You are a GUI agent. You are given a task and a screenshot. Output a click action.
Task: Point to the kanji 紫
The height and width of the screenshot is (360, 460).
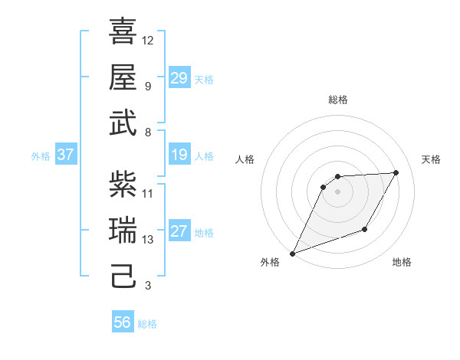tap(123, 184)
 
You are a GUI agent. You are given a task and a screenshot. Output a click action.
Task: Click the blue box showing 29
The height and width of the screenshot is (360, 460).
tap(179, 78)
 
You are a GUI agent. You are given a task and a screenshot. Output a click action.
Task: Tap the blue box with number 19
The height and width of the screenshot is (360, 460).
tap(179, 155)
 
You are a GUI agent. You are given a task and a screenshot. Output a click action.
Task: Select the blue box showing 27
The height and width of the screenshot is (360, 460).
tap(179, 232)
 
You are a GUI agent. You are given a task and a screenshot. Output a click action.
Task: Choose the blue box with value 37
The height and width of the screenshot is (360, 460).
tap(65, 155)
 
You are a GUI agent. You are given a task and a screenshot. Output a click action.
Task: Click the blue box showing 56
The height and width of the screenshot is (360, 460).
tap(123, 323)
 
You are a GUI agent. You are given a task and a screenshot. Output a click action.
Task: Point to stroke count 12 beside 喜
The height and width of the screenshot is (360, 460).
tap(148, 40)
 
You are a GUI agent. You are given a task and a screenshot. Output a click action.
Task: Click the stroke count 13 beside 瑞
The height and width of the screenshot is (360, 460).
tap(148, 240)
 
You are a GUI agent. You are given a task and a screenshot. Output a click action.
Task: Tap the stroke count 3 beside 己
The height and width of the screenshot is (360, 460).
tap(147, 286)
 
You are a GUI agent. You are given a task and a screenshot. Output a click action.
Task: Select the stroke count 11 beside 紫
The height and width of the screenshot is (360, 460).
tap(148, 193)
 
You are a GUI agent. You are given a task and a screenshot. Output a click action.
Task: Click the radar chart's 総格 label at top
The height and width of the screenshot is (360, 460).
tap(337, 100)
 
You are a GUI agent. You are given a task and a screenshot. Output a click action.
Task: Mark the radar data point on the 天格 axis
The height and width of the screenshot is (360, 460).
tap(396, 172)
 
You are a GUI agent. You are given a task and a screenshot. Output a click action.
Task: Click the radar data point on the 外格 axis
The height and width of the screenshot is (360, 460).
tap(292, 253)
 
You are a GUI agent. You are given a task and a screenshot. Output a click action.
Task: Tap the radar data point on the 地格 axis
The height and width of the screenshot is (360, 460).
tap(366, 229)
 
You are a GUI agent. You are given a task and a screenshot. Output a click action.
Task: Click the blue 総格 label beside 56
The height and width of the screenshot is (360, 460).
tap(147, 324)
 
